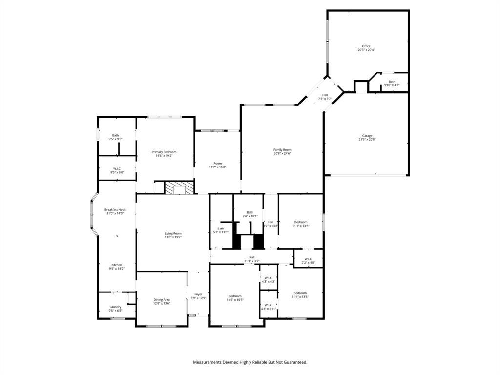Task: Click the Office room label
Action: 366,46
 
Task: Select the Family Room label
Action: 282,150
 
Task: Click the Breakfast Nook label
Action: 115,210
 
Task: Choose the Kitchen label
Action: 116,265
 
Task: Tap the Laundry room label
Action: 115,307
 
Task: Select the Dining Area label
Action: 162,299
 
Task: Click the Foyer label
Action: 198,294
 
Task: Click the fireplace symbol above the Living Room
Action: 178,188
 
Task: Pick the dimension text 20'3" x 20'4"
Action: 366,50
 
